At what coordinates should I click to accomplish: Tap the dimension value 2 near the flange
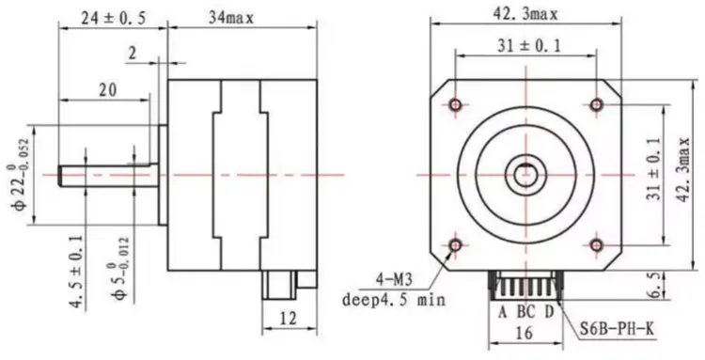(x=133, y=55)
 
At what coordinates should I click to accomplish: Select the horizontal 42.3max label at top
(x=527, y=13)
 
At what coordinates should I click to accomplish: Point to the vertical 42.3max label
(x=685, y=174)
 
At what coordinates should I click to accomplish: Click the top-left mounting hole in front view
(x=456, y=102)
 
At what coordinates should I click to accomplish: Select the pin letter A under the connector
(x=503, y=311)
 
